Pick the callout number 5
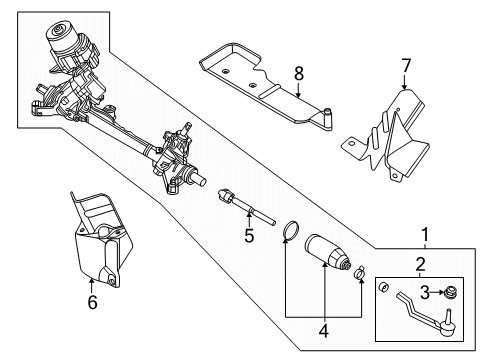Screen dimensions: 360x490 250,236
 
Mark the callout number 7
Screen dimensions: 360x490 406,66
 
